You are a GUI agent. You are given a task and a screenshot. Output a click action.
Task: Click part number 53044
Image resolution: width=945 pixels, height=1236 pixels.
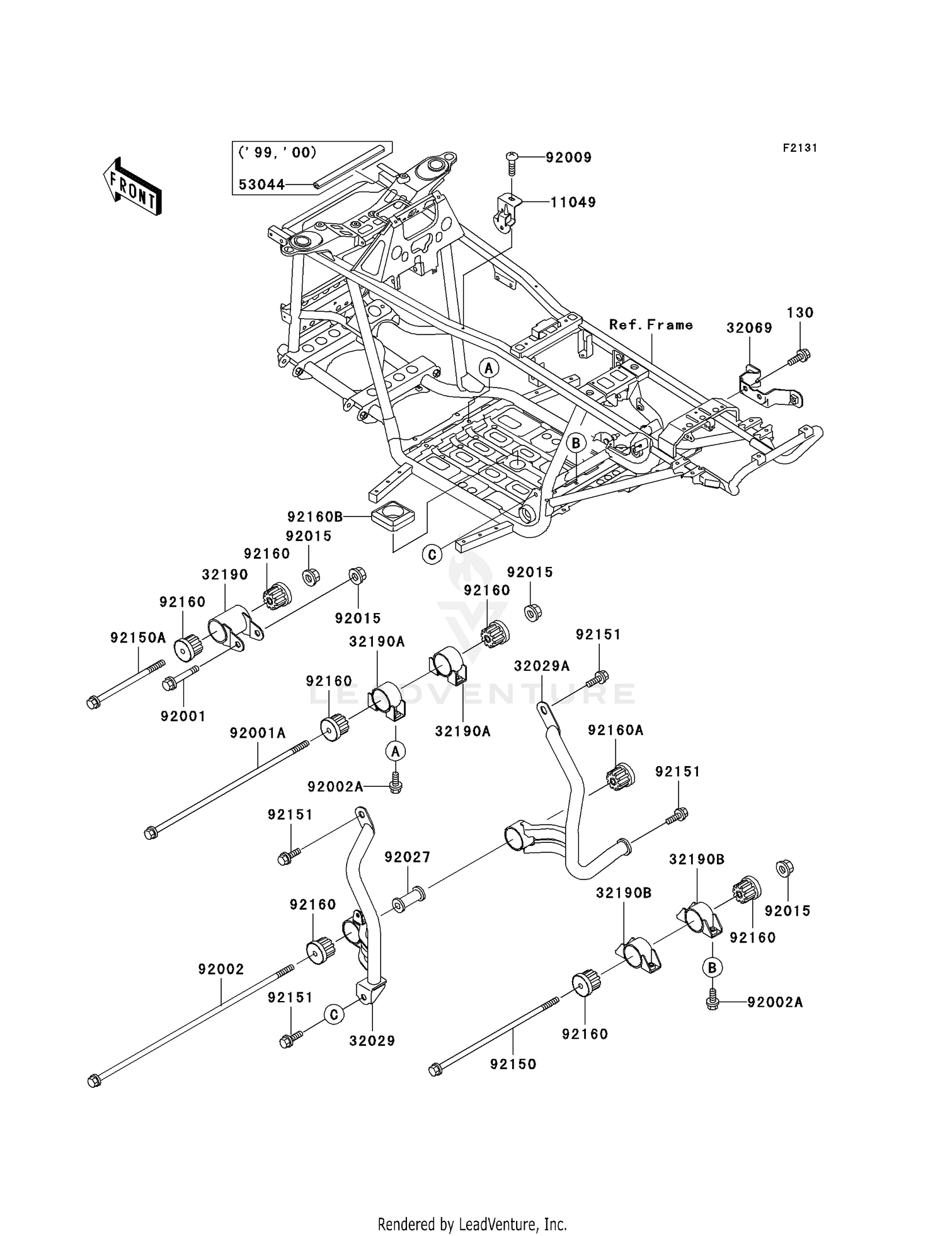coord(261,185)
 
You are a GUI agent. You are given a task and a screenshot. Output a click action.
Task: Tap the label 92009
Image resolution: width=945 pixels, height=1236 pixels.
coord(568,157)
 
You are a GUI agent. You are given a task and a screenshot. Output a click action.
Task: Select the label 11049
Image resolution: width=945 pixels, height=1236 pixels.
coord(573,202)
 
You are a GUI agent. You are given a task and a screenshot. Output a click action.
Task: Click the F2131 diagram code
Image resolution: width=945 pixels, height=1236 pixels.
coord(799,148)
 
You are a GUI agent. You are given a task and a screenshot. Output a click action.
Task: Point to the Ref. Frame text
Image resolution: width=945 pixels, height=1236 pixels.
coord(650,325)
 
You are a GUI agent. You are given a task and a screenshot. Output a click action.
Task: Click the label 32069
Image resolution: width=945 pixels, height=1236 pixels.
coord(749,328)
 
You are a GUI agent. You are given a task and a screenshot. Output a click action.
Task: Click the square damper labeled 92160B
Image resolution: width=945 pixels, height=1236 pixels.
coord(392,517)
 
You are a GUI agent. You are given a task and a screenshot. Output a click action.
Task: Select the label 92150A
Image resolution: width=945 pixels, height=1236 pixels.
coord(138,638)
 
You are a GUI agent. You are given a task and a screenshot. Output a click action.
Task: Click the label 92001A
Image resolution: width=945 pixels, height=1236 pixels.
coord(258,733)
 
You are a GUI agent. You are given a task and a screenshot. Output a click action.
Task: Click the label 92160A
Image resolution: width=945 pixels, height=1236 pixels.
coord(616,730)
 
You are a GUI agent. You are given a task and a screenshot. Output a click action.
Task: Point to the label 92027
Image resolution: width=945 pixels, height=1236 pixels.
coord(407,857)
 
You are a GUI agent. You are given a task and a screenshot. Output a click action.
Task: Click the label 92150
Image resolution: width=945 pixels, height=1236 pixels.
coord(513,1064)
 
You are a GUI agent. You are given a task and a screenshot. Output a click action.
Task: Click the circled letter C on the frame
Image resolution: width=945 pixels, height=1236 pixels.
coord(432,554)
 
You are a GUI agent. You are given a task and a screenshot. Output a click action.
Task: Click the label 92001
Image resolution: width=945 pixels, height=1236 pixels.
coord(183,716)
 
